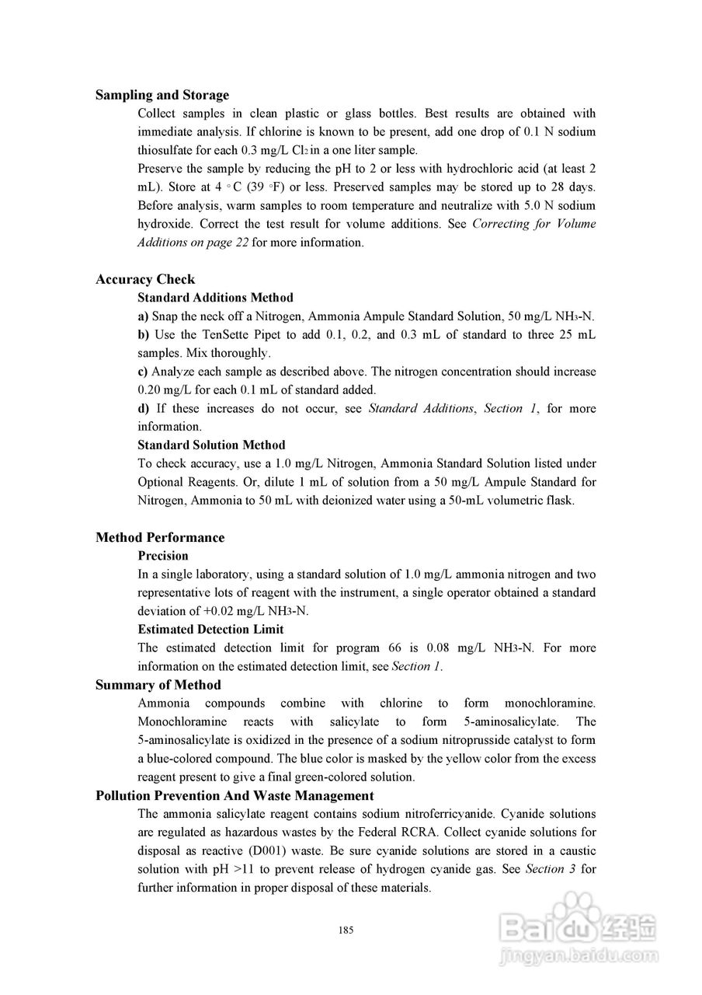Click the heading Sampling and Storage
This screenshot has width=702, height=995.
162,95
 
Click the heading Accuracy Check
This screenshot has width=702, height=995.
145,279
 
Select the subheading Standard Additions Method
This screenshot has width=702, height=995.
215,298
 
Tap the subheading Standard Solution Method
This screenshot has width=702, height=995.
211,445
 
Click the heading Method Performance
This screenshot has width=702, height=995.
160,537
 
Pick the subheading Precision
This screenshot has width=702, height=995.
163,556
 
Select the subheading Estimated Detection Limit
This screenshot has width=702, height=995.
210,629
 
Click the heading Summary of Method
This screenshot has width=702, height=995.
158,685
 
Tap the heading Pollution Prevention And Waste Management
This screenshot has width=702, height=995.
235,795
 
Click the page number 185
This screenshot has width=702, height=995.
347,930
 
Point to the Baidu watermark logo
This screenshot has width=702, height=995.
578,937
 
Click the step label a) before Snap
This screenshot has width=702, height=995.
143,316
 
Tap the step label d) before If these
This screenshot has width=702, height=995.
144,408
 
